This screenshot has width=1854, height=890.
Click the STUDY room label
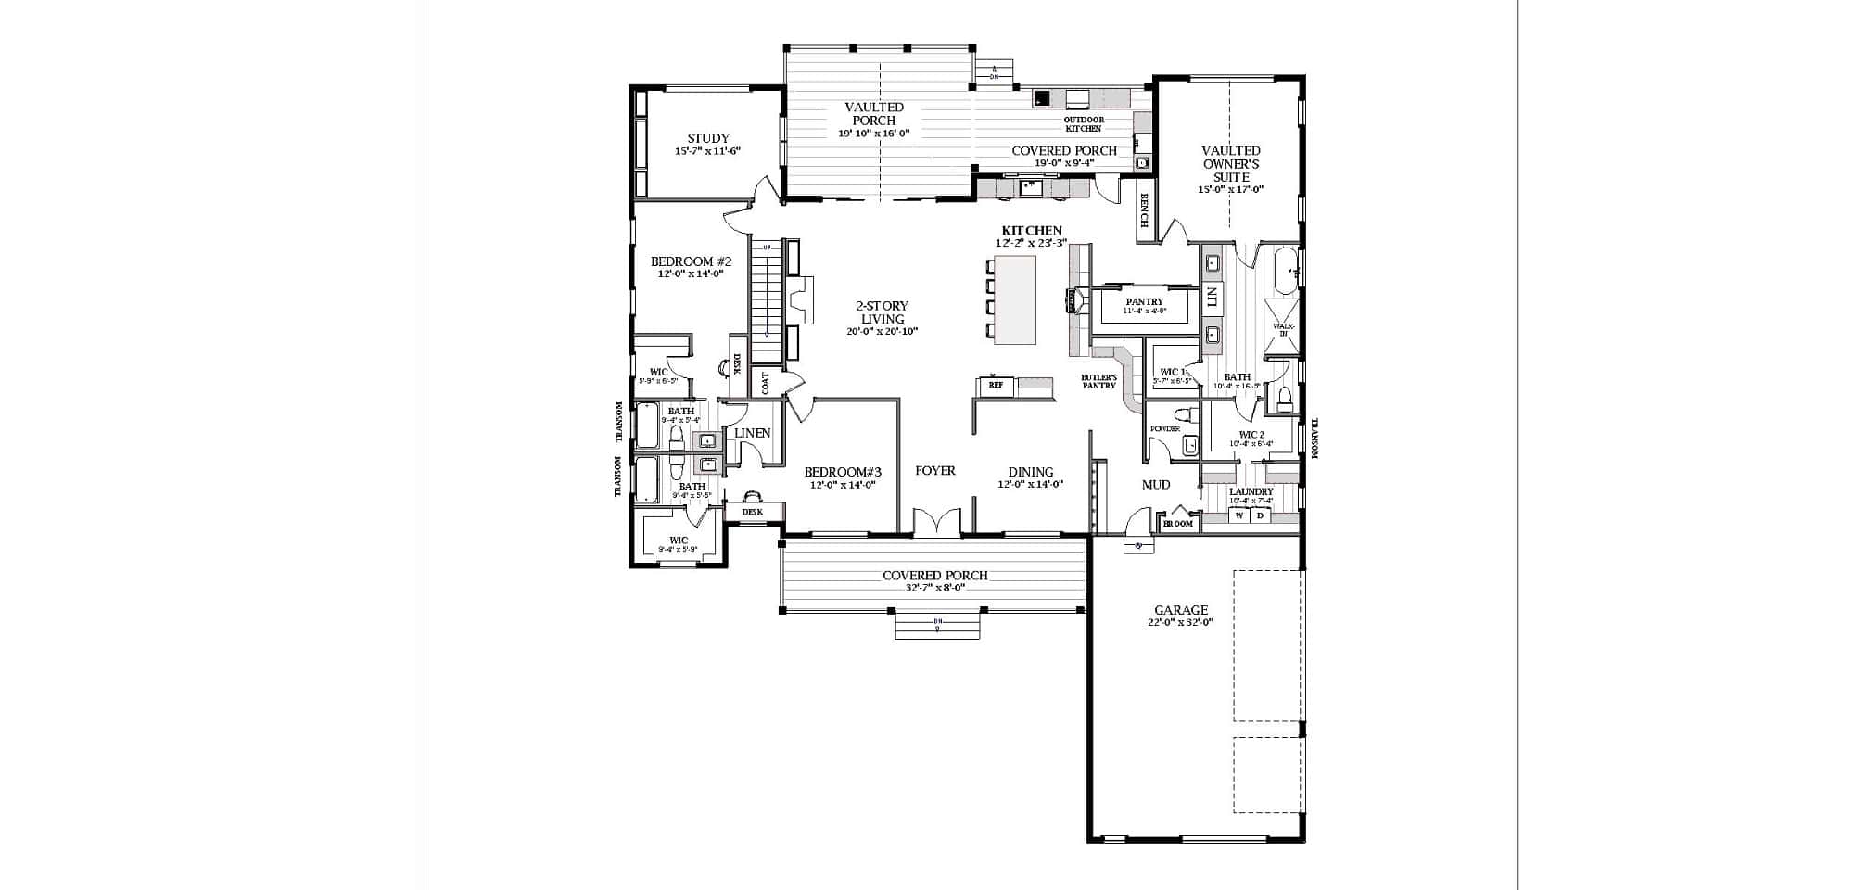coord(708,138)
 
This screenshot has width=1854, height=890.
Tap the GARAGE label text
coord(1180,610)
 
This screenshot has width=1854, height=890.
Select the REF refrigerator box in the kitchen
coord(995,385)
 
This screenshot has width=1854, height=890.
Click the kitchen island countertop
coord(1014,299)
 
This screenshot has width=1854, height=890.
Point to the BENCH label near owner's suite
coord(1146,210)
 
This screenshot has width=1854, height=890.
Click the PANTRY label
coord(1144,301)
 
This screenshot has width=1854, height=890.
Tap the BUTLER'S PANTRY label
coord(1098,381)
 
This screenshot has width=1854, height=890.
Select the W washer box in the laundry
coord(1238,515)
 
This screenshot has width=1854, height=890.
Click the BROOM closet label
coord(1177,524)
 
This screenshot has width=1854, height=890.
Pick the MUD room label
coord(1155,484)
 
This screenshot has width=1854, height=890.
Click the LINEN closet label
coord(752,433)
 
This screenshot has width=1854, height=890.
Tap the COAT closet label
coord(765,383)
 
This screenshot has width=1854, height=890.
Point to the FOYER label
coord(934,471)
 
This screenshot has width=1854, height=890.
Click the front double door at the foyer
coord(937,523)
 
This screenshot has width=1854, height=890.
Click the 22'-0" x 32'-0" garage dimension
coord(1180,623)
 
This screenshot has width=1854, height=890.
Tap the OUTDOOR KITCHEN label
coord(1083,124)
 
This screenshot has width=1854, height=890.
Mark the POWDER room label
coord(1164,429)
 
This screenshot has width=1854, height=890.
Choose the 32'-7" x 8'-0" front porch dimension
coord(934,588)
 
